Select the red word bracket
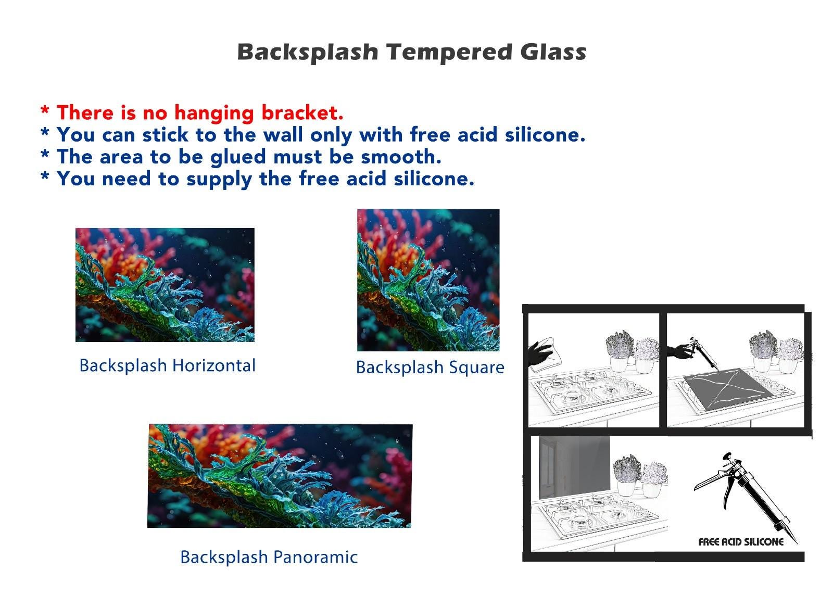[x=302, y=112]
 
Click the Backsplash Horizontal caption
[x=167, y=366]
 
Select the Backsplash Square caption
[x=430, y=368]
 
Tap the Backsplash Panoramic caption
[x=269, y=558]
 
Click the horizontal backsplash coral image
[x=165, y=285]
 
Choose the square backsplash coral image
[x=428, y=280]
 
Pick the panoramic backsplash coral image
[x=280, y=476]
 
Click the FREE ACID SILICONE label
[x=741, y=542]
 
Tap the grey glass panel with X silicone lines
[x=728, y=388]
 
